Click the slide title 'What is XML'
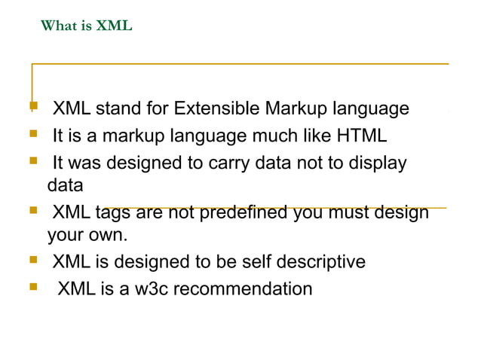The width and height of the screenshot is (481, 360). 87,27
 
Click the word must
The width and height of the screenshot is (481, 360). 348,214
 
